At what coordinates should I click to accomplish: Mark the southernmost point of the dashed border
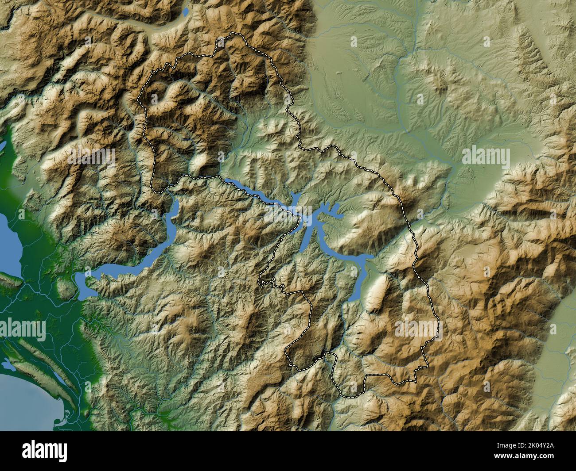pos(350,395)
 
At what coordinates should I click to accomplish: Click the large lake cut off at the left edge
pos(9,239)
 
